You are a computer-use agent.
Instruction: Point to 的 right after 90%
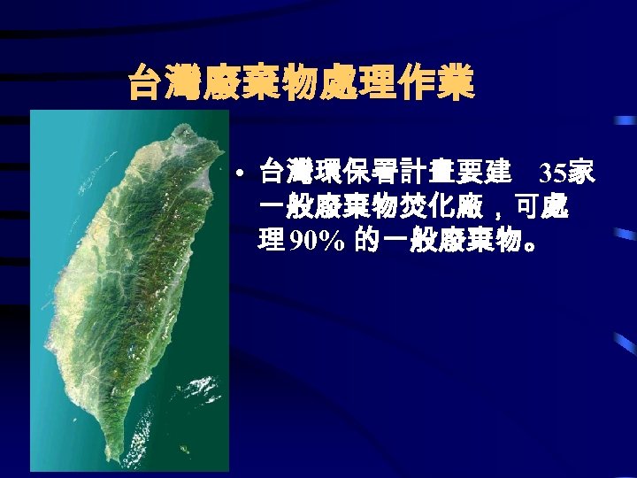[x=368, y=242]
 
